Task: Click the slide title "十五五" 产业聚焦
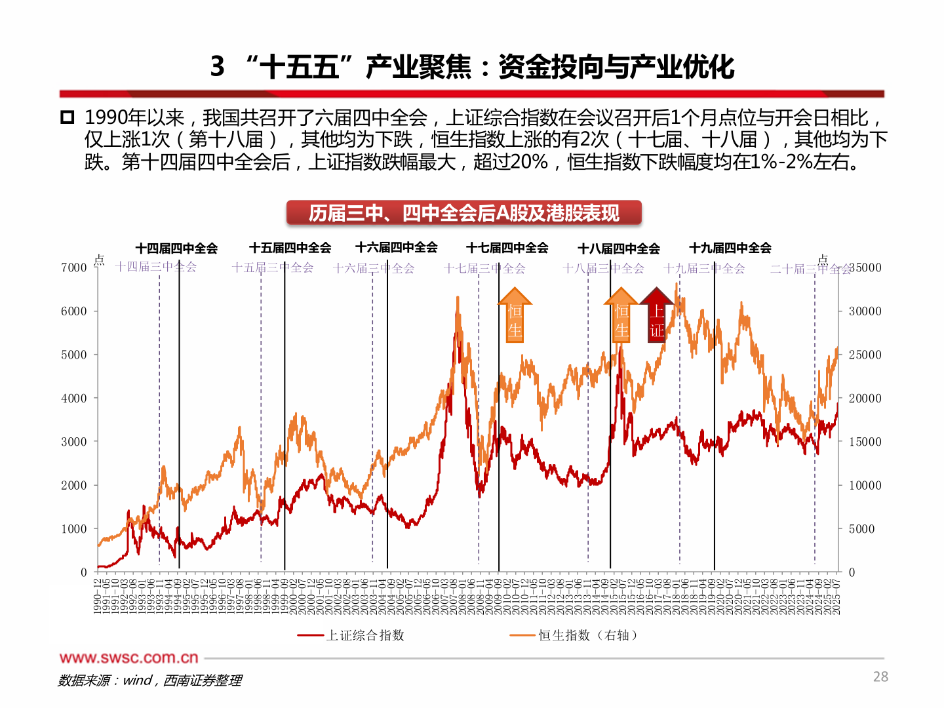tap(472, 67)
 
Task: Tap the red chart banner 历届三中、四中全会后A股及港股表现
tap(463, 213)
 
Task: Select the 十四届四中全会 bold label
tap(176, 248)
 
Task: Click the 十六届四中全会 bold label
tap(396, 248)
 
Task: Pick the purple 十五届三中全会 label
tap(273, 267)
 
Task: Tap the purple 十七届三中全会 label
tap(484, 268)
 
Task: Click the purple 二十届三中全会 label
tap(810, 269)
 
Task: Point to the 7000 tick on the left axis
tap(74, 267)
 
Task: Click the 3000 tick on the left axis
tap(74, 442)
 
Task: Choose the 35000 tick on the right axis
tap(865, 267)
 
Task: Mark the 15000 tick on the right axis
tap(865, 442)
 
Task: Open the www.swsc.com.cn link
tap(128, 658)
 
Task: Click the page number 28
tap(880, 677)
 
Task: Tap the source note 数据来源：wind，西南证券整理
tap(149, 680)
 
